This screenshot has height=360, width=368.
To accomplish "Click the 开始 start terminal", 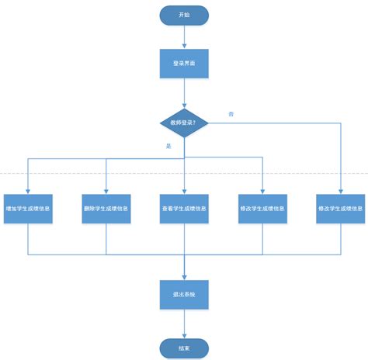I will (x=184, y=15).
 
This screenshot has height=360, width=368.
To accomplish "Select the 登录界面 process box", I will (x=184, y=64).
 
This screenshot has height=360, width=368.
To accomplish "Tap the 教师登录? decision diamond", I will (x=184, y=123).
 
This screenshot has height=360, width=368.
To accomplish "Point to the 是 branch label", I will (x=168, y=145).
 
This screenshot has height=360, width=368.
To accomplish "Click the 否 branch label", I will (x=231, y=114).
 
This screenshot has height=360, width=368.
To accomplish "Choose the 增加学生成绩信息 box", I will (x=28, y=209).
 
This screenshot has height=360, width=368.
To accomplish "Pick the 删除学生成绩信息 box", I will (x=106, y=209).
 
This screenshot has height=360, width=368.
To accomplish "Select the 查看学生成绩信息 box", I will (x=184, y=209).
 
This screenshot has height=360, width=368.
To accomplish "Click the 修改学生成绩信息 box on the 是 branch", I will (x=262, y=209).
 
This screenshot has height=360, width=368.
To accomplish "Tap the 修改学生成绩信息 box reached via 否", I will (x=340, y=209).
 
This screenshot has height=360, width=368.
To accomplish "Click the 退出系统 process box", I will (x=184, y=295).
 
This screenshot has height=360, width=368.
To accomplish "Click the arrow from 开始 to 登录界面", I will (x=184, y=36).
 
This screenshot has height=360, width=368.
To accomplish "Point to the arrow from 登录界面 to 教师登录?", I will (x=184, y=93).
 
